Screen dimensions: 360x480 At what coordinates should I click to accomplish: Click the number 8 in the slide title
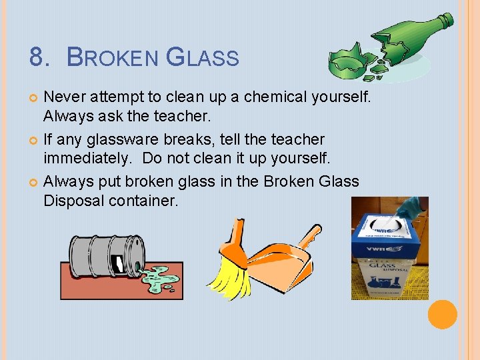[x=37, y=57]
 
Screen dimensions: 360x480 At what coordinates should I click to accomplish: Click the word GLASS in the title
[x=201, y=57]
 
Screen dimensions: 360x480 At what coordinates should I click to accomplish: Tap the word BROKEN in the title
[x=113, y=57]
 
